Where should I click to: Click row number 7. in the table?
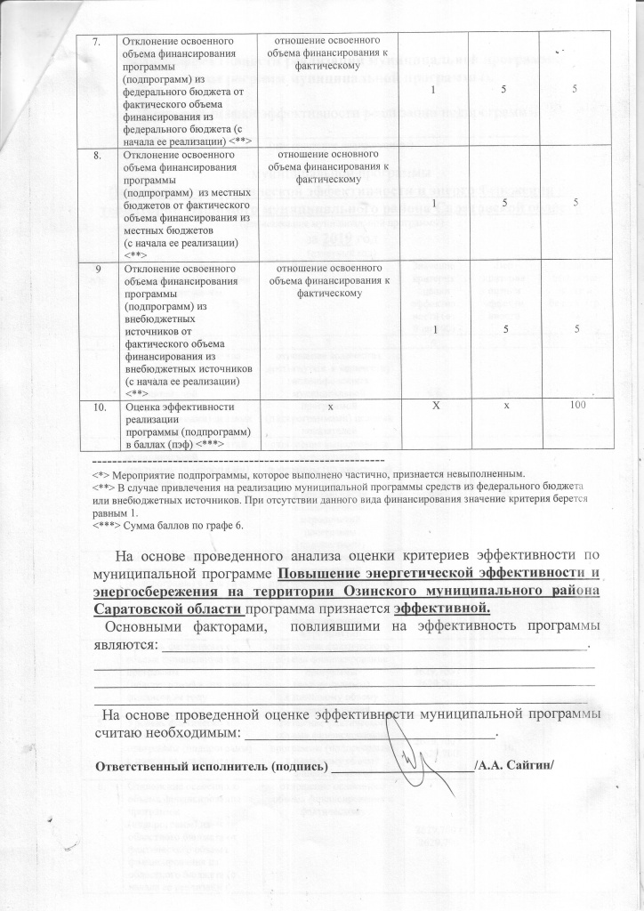(101, 41)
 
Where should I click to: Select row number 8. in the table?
(101, 153)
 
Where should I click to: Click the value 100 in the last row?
(576, 406)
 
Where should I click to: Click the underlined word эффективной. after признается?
(442, 609)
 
